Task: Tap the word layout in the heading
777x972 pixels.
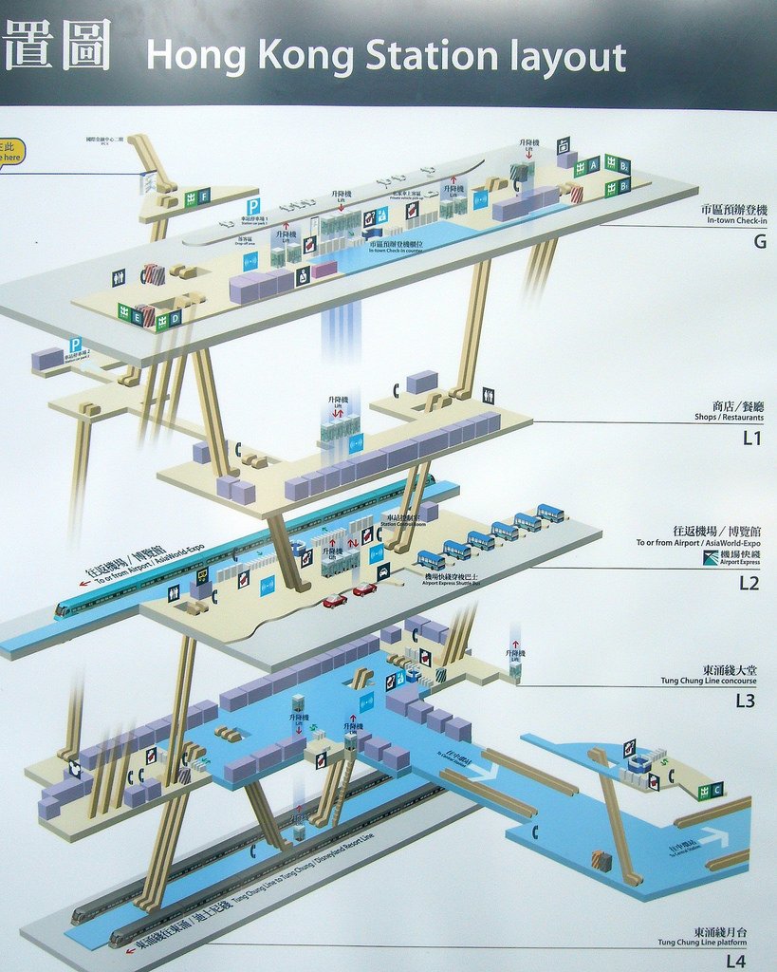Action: tap(568, 58)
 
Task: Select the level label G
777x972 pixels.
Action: tap(759, 241)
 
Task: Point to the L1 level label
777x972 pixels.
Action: tap(752, 439)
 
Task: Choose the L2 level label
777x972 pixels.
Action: tap(749, 583)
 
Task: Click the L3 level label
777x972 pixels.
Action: tap(747, 701)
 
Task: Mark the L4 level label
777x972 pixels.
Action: tap(736, 961)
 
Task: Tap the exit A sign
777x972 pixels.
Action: tap(594, 165)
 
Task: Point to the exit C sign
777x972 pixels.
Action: tap(716, 790)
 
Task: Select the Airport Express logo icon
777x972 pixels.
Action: tap(711, 557)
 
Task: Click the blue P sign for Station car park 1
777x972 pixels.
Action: tap(253, 207)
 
